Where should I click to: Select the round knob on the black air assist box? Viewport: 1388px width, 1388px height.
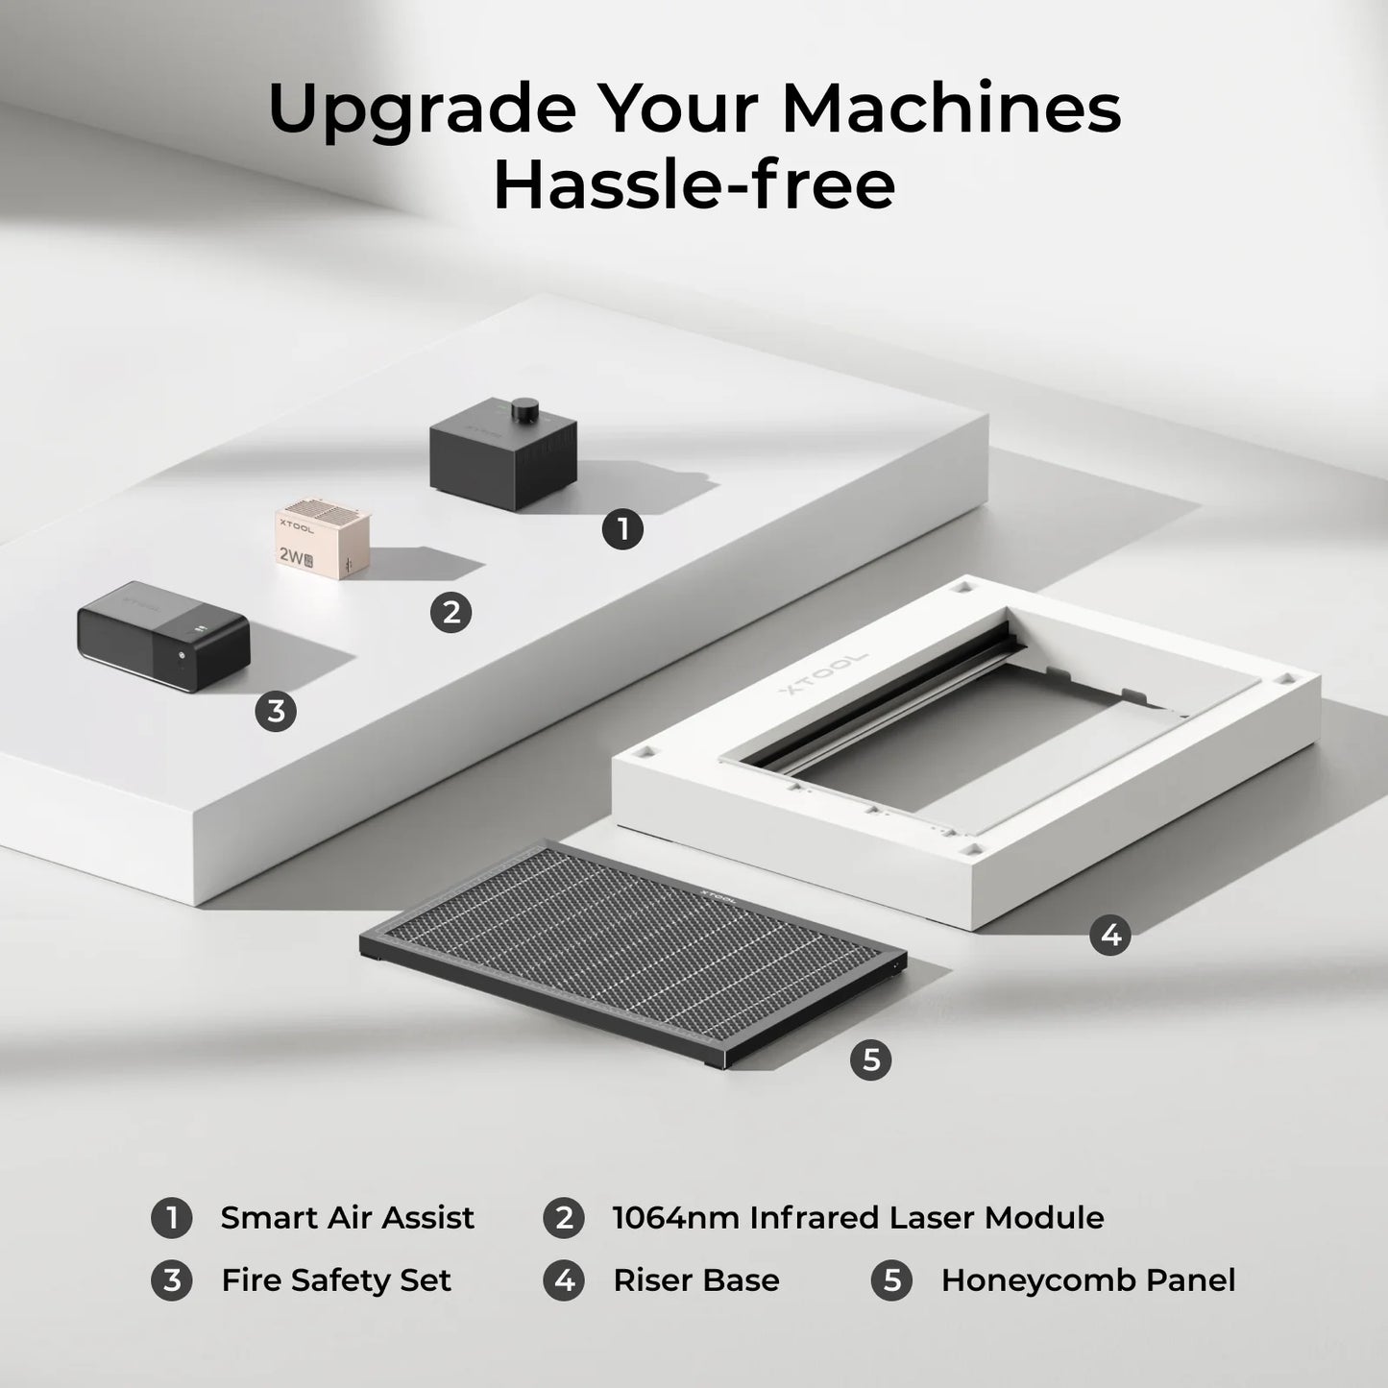pos(525,409)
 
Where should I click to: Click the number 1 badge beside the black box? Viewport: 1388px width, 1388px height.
pos(622,529)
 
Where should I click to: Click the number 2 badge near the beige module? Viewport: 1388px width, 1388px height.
pos(451,612)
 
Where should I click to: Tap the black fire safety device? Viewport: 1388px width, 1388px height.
pos(162,637)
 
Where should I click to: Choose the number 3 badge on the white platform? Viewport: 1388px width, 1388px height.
pos(276,711)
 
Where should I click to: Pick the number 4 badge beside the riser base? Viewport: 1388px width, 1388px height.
pos(1110,935)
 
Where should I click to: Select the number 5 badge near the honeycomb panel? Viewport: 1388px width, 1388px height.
pos(870,1059)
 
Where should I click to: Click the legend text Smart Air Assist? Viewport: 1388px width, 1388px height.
pos(347,1218)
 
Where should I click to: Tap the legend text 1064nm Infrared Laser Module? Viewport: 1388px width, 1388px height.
pos(858,1218)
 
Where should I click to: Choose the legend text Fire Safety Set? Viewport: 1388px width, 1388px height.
pos(335,1280)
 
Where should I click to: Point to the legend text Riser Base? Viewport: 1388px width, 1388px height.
pos(695,1280)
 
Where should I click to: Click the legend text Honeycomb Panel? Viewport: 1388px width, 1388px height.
pos(1087,1280)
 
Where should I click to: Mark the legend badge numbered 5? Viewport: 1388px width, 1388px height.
pos(891,1280)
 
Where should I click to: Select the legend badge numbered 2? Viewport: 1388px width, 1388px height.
pos(564,1218)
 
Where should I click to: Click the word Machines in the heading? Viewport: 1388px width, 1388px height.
pos(951,110)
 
